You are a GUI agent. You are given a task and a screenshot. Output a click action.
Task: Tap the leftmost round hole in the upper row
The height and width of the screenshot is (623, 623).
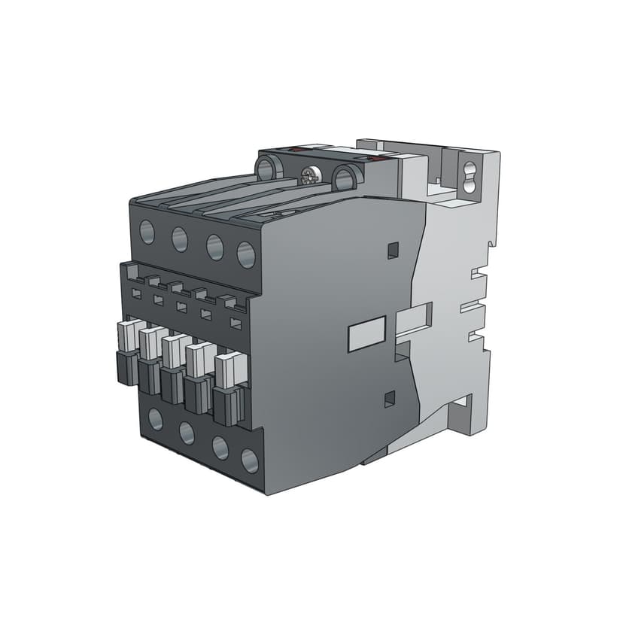pyautogui.click(x=147, y=230)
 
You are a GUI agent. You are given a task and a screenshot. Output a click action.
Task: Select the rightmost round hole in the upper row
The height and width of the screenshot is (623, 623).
pyautogui.click(x=246, y=254)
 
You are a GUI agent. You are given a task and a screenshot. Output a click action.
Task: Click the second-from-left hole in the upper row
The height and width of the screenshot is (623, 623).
pyautogui.click(x=180, y=239)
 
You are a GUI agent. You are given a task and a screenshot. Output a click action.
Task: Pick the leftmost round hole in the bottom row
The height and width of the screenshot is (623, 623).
pyautogui.click(x=156, y=419)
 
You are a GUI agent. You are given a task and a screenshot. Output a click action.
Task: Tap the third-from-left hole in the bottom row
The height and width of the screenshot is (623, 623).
pyautogui.click(x=220, y=448)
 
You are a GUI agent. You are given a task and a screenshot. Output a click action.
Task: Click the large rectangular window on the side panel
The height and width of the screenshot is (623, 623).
pyautogui.click(x=366, y=334)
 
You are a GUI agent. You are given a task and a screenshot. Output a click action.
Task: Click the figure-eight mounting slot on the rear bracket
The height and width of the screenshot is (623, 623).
pyautogui.click(x=472, y=174)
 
